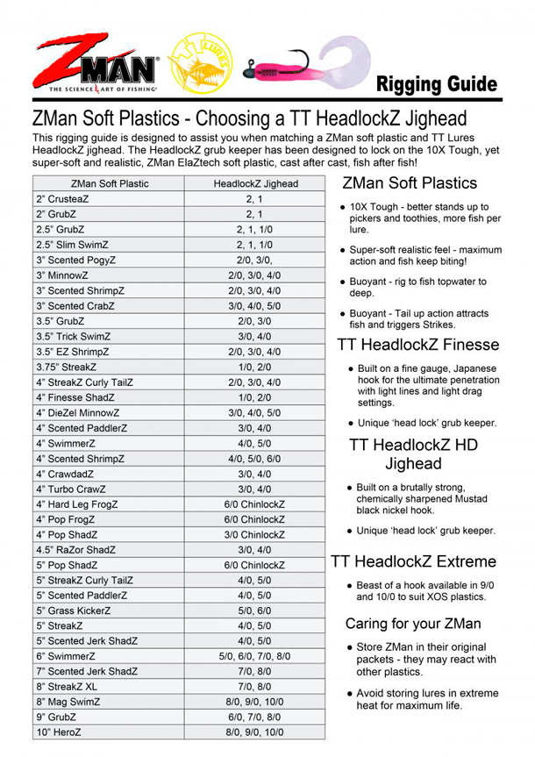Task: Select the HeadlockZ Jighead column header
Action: point(255,184)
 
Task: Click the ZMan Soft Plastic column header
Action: point(110,184)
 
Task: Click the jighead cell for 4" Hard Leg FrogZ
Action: point(255,504)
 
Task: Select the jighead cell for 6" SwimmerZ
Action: point(255,656)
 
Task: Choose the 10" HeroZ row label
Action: point(61,732)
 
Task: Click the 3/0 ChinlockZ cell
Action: point(255,534)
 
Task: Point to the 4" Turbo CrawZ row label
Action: point(71,489)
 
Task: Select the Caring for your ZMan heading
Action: point(413,624)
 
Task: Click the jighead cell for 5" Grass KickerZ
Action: point(255,611)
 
